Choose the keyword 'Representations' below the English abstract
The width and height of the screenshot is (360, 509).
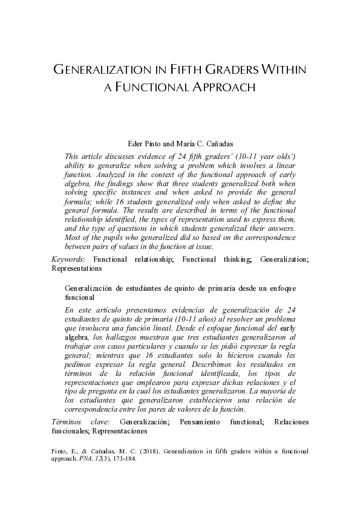click(x=76, y=267)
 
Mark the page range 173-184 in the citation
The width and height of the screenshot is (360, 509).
click(x=123, y=459)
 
